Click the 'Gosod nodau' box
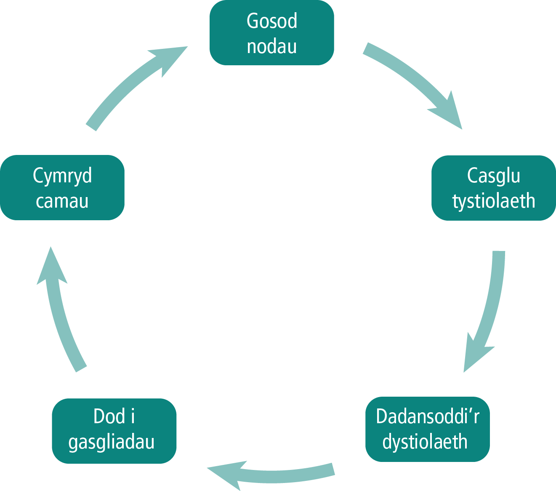271,33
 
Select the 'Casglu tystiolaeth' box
493,188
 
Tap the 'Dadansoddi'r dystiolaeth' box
427,429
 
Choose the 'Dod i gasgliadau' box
114,431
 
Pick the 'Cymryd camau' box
62,187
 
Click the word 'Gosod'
272,21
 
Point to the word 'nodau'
272,46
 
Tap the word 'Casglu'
493,176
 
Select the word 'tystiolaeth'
494,201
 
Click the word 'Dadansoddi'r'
427,416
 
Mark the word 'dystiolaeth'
425,442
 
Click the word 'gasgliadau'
112,442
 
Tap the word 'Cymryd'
62,176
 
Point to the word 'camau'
62,201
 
